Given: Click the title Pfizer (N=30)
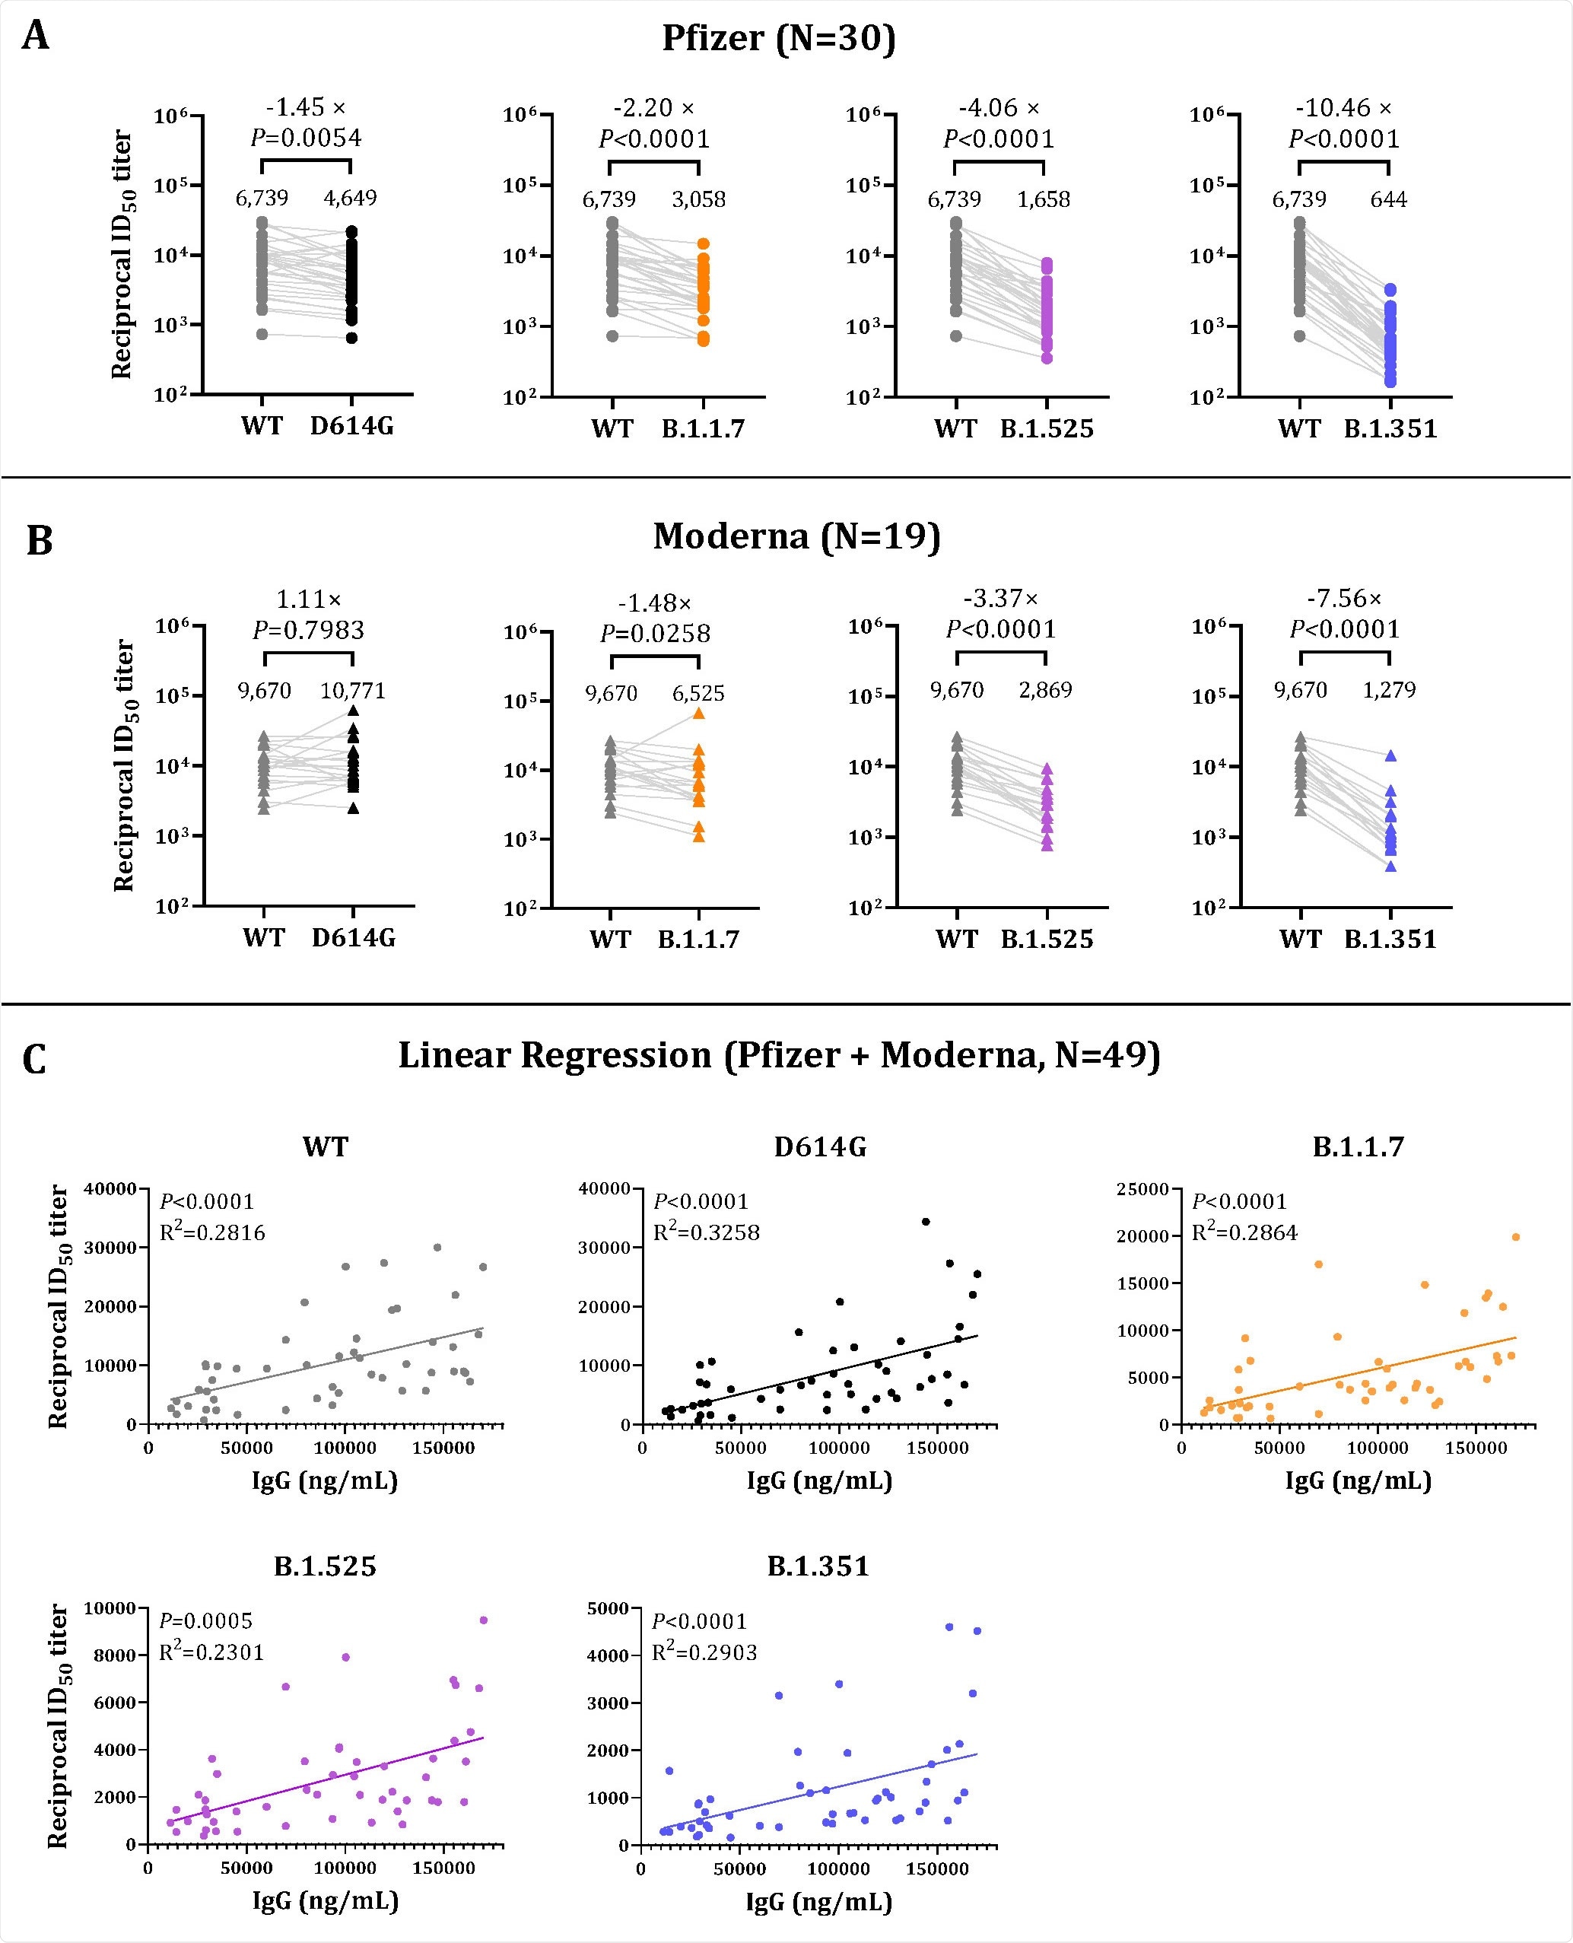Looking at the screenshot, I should [x=778, y=38].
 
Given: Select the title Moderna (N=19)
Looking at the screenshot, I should [x=796, y=536].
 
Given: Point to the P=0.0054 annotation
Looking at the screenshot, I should [x=307, y=138].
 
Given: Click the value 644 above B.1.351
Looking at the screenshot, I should [x=1388, y=199].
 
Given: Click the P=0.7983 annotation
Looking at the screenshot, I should [x=308, y=630].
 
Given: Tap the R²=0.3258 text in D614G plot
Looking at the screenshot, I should [x=706, y=1232].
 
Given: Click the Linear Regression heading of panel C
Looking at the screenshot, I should [x=778, y=1056].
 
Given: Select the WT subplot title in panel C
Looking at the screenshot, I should [x=324, y=1147].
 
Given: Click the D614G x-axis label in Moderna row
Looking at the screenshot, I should [x=354, y=938].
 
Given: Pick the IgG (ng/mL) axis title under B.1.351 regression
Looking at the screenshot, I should [x=818, y=1901].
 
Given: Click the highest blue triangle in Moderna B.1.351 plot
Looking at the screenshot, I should [x=1390, y=755].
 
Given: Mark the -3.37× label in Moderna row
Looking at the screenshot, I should [x=1000, y=599].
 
